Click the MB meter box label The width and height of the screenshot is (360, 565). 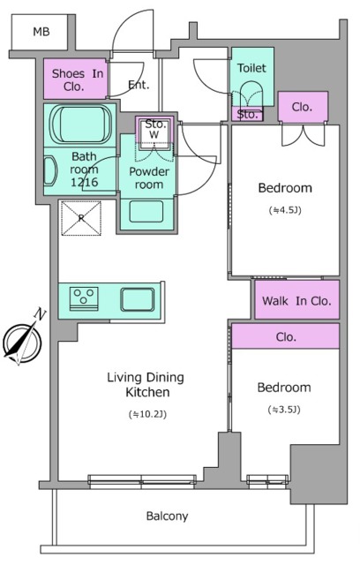tap(41, 32)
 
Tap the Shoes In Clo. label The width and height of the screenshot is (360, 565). tap(77, 79)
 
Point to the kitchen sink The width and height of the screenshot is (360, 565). tap(137, 299)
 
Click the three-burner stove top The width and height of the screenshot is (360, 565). tap(84, 298)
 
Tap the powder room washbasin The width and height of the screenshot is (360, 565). tap(146, 212)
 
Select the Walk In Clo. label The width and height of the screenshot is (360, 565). tap(296, 300)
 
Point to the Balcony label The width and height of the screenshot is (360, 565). tap(167, 516)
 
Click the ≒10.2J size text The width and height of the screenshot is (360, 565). tap(147, 414)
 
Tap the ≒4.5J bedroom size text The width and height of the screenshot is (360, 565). tap(285, 210)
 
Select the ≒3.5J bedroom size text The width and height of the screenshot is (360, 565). tap(284, 410)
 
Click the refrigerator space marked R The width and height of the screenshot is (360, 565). tap(81, 218)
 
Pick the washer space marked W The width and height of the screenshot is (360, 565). tap(154, 135)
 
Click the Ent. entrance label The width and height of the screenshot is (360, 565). tap(139, 85)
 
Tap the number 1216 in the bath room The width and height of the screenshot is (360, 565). tap(84, 182)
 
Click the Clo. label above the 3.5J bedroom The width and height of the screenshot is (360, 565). tap(286, 337)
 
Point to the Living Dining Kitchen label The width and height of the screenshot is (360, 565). tap(146, 385)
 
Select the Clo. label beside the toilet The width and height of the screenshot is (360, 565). tap(302, 107)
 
